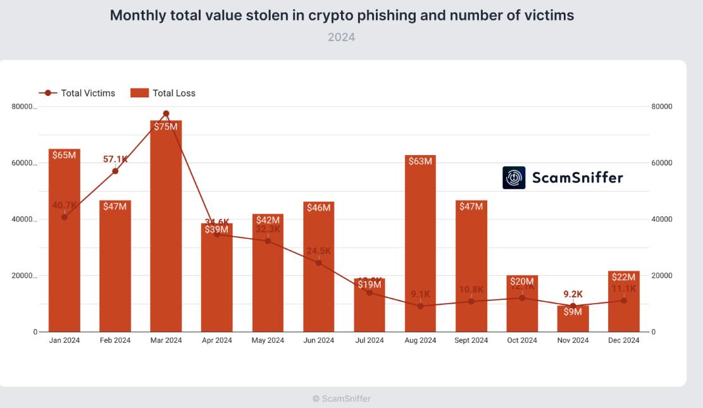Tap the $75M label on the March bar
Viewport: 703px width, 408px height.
coord(166,127)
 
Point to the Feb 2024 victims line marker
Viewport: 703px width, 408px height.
coord(115,171)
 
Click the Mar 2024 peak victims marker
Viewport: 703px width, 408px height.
coord(166,114)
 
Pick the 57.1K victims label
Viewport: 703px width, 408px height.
coord(115,159)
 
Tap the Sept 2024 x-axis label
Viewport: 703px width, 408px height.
coord(471,340)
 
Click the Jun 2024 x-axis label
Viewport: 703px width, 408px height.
coord(318,340)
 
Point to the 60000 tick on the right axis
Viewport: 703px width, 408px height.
coord(661,163)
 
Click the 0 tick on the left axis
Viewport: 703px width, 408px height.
coord(34,332)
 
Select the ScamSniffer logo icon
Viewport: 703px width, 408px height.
coord(514,178)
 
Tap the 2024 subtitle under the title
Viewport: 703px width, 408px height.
coord(341,37)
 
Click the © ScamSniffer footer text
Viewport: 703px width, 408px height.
coord(342,399)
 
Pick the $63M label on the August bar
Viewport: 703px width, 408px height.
coord(420,161)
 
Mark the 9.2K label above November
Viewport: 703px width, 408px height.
coord(573,294)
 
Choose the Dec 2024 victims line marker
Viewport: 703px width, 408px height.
coord(624,300)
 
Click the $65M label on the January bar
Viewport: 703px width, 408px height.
coord(64,155)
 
